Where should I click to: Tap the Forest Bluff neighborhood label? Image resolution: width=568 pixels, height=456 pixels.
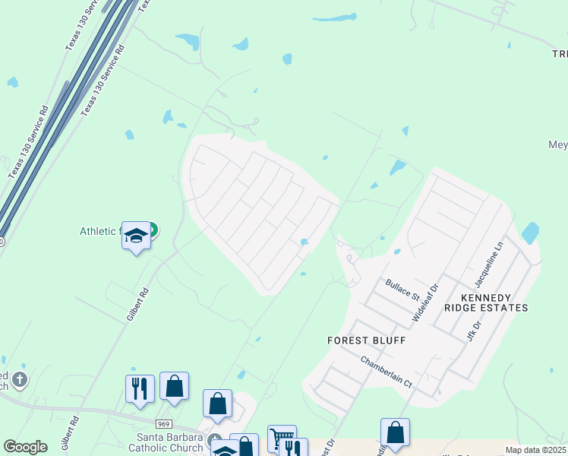[x=366, y=340]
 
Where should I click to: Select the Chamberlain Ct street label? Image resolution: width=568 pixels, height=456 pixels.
[x=386, y=372]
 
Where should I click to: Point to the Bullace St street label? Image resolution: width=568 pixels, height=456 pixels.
[x=402, y=290]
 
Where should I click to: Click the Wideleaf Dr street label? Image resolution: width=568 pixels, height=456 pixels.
[x=425, y=301]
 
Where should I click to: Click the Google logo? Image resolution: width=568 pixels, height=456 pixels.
[x=26, y=447]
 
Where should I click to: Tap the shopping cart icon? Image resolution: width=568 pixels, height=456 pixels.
[x=282, y=437]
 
